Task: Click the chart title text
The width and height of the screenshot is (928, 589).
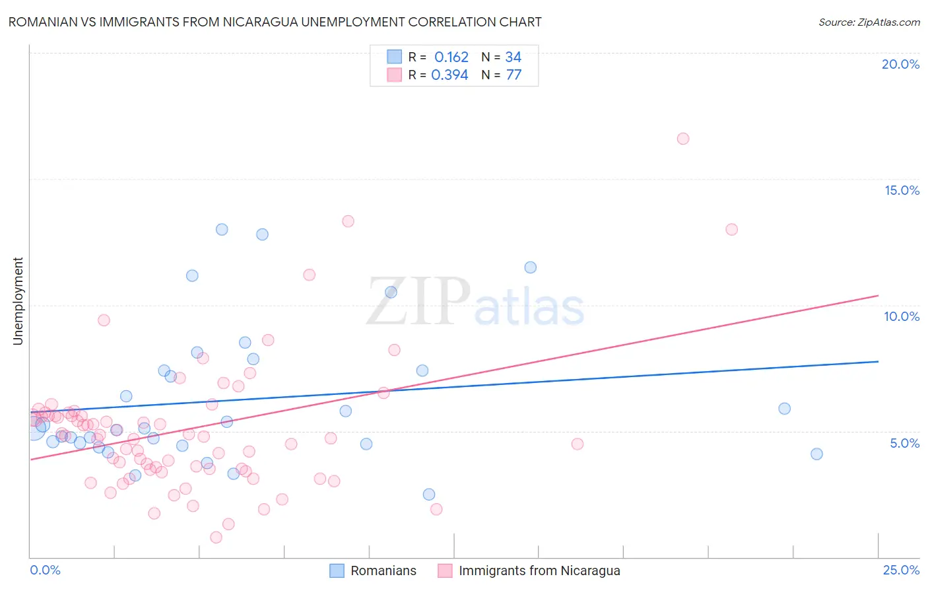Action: (275, 22)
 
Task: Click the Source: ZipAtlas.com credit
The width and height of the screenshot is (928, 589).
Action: (869, 22)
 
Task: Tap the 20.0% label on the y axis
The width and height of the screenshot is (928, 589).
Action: (900, 64)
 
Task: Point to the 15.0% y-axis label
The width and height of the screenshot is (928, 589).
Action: (902, 190)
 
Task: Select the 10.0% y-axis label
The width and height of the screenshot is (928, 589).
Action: (902, 316)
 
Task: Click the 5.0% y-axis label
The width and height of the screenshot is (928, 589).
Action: (904, 443)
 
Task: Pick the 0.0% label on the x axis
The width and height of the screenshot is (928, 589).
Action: (45, 570)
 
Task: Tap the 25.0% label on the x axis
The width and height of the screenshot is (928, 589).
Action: (901, 570)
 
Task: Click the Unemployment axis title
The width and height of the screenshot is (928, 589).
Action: (18, 301)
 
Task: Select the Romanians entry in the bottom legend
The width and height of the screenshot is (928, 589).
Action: (383, 571)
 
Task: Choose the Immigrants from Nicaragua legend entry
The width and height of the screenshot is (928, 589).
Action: (539, 571)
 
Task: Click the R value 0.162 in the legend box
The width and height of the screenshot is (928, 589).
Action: (451, 57)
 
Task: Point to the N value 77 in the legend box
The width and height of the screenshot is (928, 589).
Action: (514, 75)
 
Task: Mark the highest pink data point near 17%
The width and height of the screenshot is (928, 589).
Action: (683, 139)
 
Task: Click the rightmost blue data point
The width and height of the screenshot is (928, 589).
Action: (816, 454)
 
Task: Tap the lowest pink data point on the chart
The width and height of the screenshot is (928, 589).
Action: (216, 537)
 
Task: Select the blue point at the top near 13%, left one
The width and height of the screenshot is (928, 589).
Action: (222, 229)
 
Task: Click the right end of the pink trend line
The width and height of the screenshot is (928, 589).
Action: (878, 295)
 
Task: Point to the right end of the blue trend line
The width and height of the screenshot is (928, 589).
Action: (878, 361)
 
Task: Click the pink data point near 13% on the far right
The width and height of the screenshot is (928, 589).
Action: (731, 229)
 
